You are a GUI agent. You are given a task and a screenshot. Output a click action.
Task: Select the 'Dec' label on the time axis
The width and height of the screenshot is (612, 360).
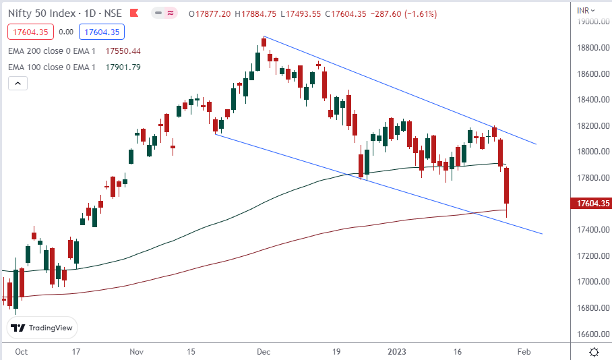pos(264,351)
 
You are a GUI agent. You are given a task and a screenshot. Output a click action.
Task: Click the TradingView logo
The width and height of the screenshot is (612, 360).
pos(42,328)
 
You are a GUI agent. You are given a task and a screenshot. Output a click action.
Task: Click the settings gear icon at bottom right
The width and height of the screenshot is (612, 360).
pos(594,351)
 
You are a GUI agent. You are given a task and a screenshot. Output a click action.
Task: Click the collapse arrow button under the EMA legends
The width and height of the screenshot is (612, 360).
pos(18,83)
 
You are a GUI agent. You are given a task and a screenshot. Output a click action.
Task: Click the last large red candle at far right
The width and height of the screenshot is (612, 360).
pos(507,185)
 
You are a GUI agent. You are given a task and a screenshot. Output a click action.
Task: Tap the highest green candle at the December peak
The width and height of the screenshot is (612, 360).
pos(264,42)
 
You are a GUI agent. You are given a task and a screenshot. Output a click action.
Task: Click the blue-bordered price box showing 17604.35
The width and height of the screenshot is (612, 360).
pos(101,32)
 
